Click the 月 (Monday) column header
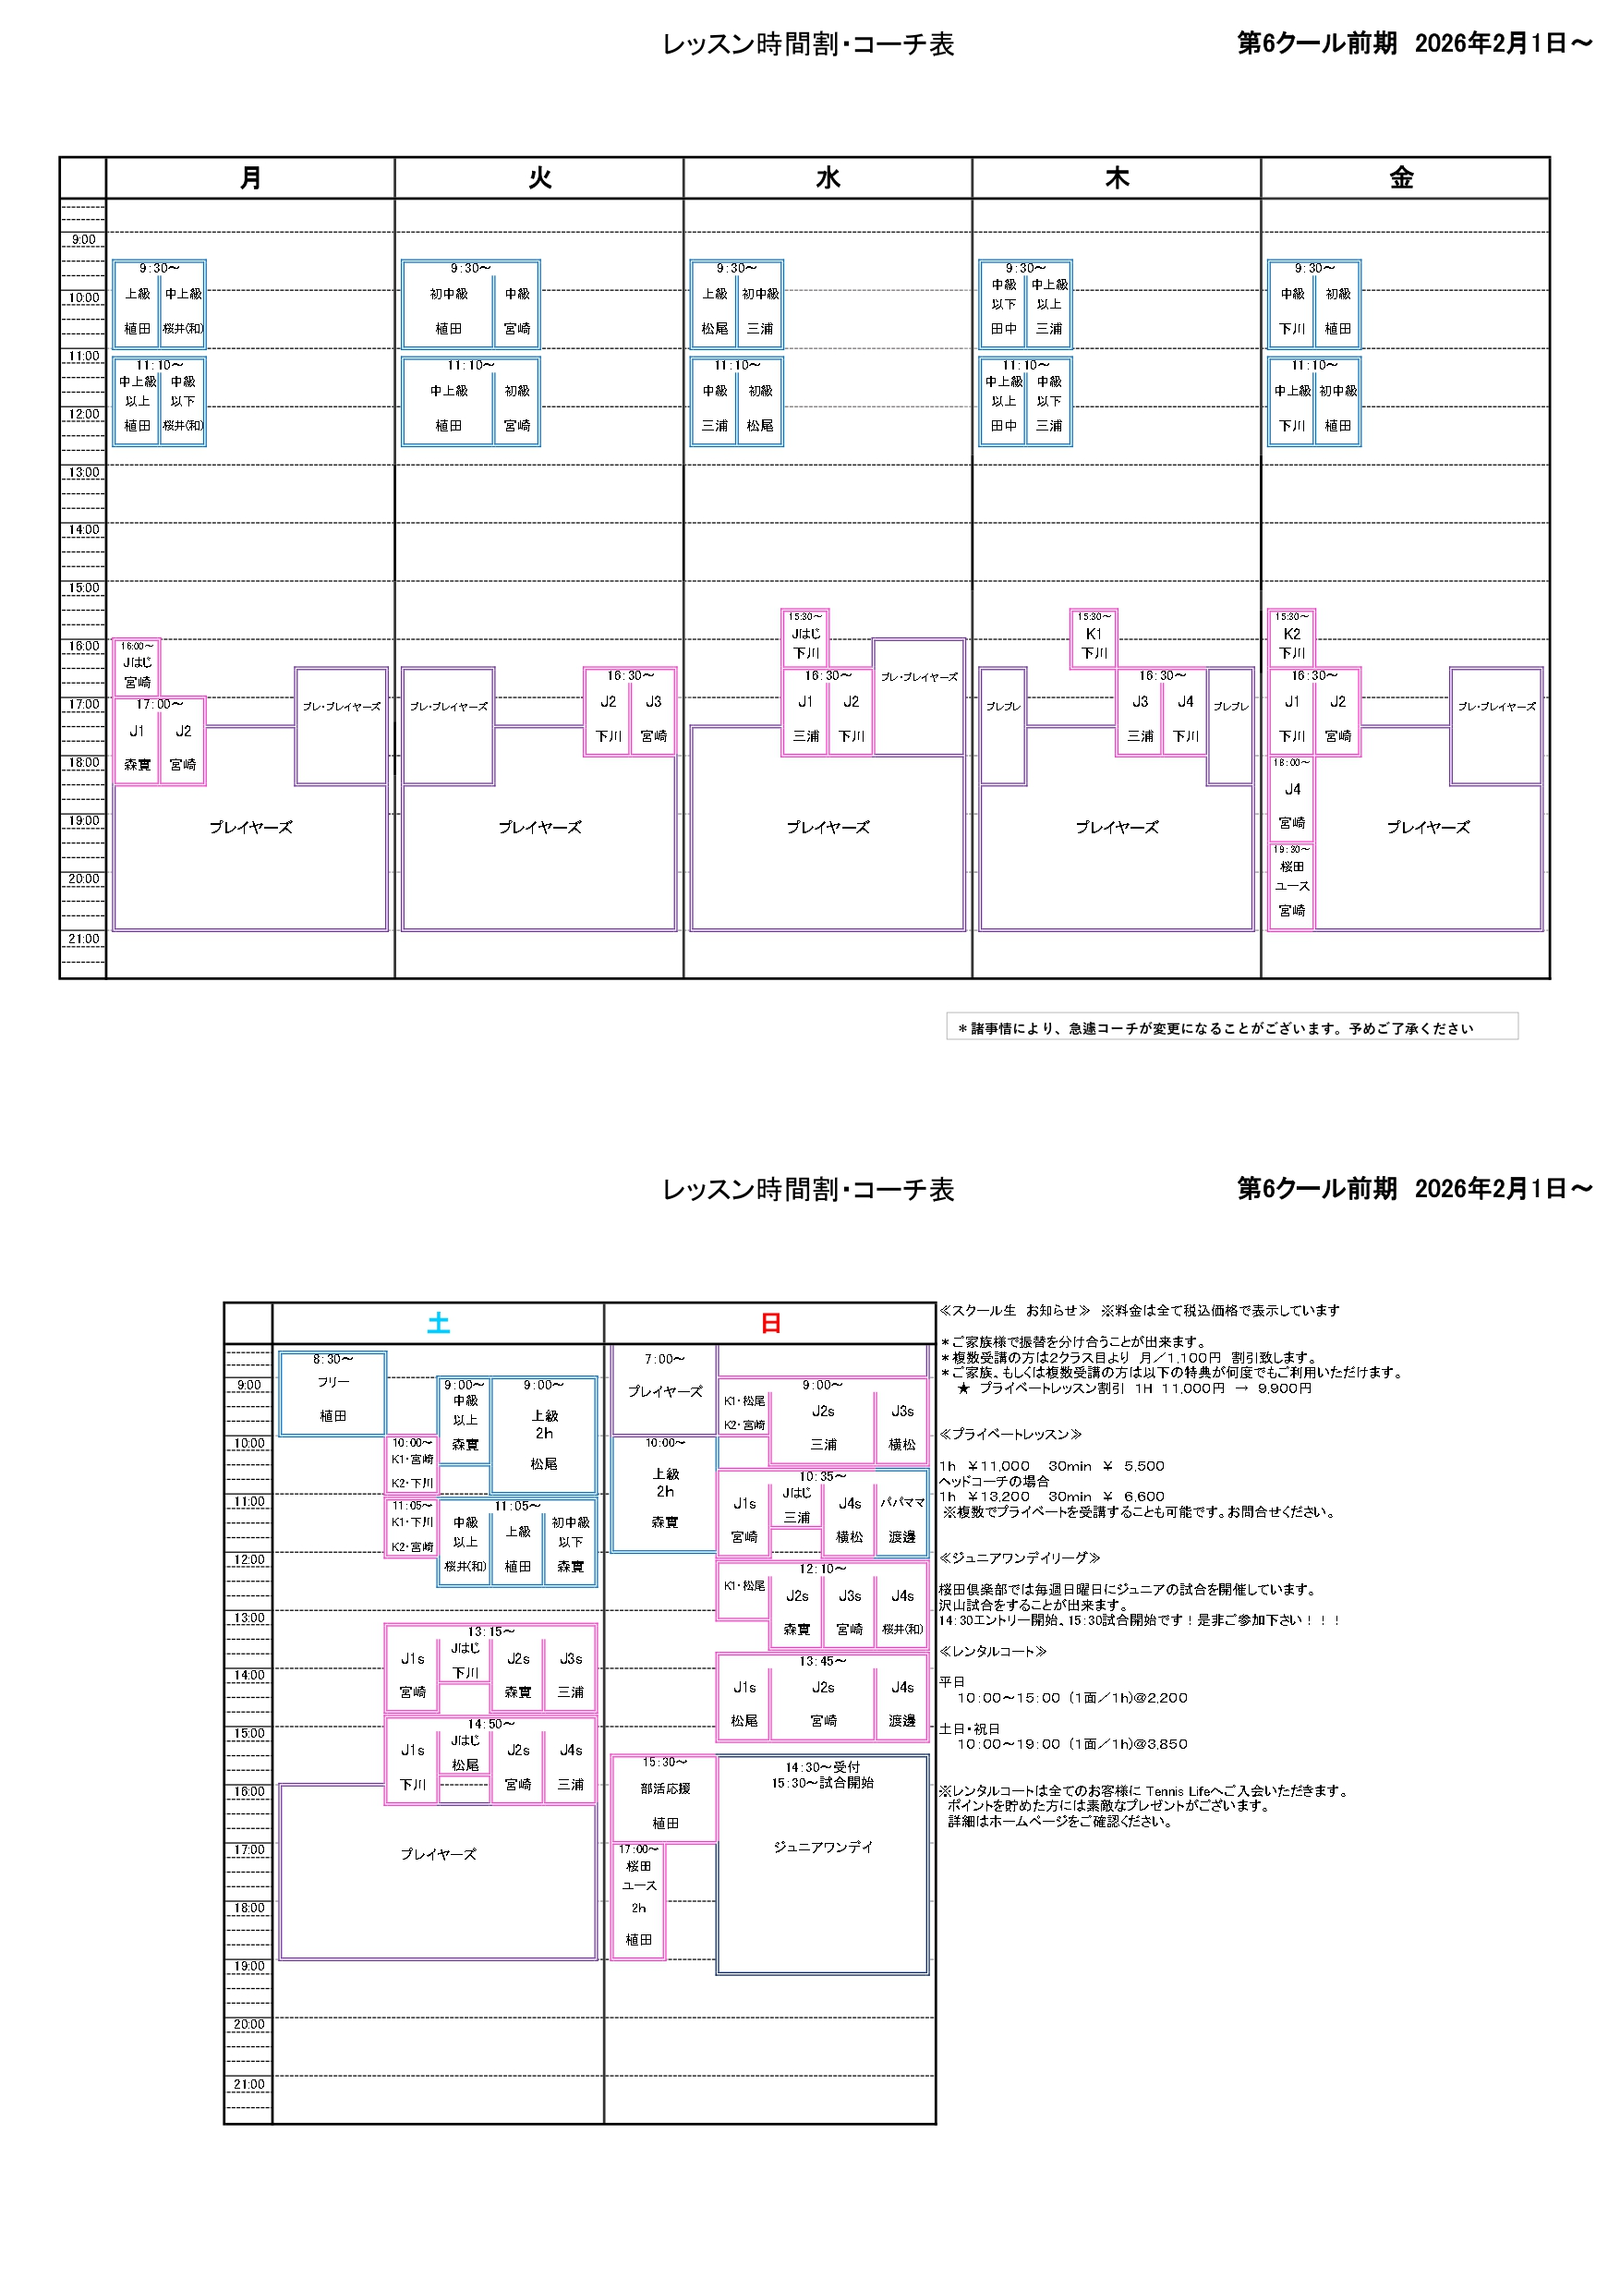250,177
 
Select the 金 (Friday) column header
1401,177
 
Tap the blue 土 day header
438,1323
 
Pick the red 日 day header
770,1323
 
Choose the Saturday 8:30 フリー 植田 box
333,1393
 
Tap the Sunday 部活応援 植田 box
664,1797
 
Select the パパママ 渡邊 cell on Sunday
901,1519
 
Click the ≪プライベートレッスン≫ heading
1009,1434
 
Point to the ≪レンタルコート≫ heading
993,1652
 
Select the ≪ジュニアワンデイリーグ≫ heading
1019,1558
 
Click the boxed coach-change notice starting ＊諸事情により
1231,1026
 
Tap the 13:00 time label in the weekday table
84,472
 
